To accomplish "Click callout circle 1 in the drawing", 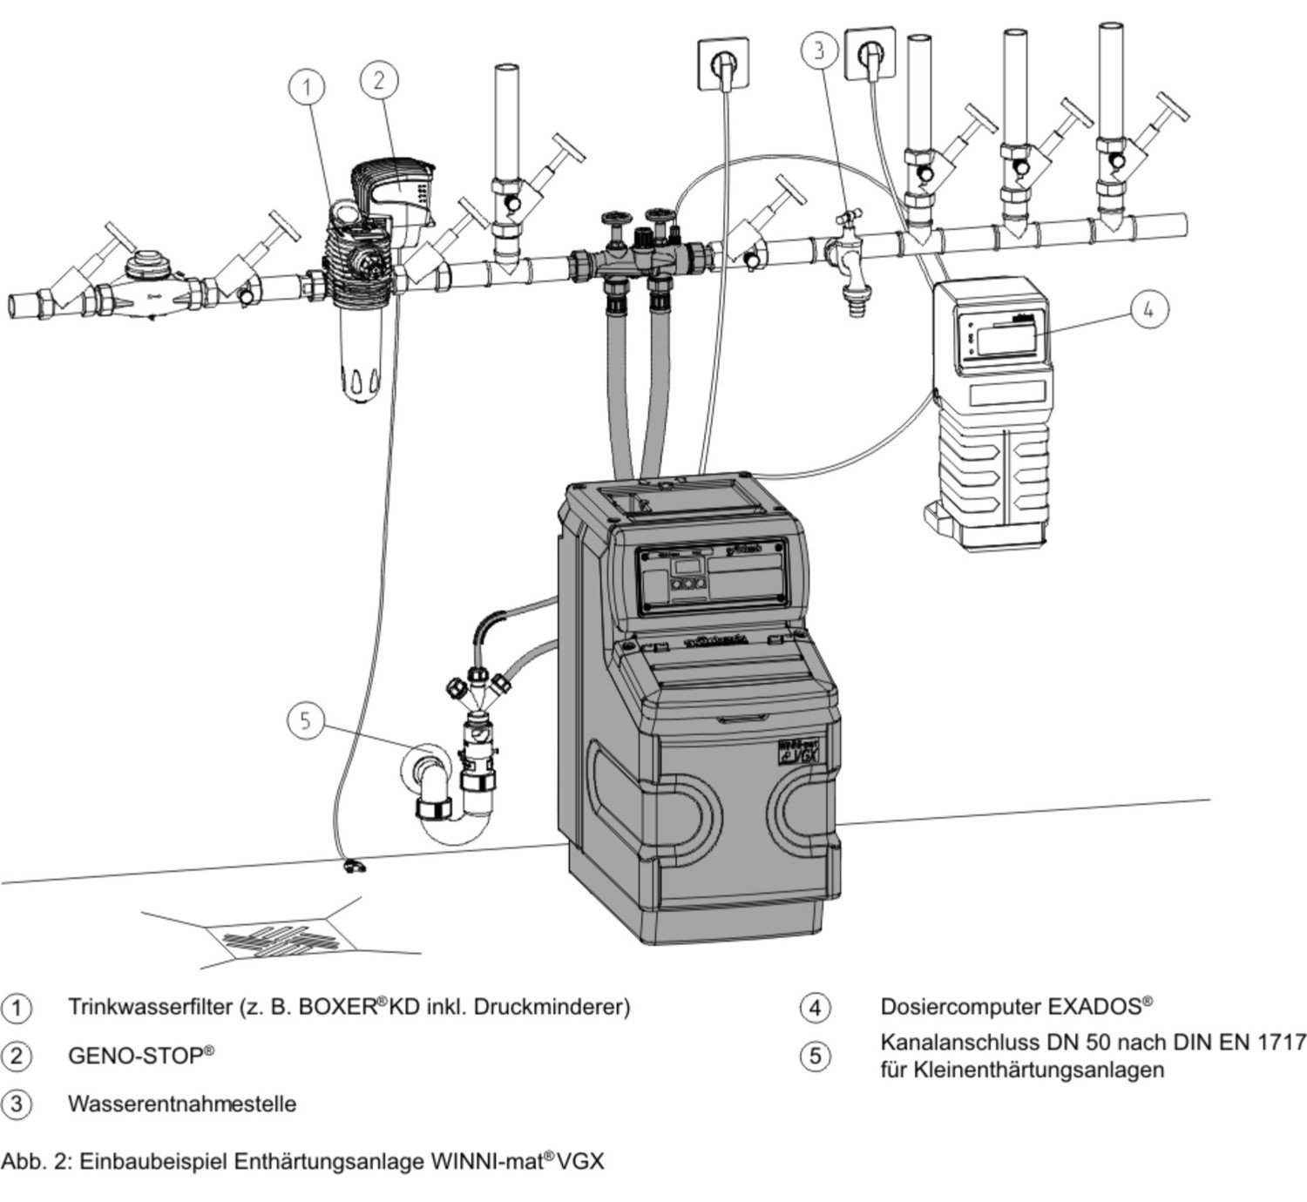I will click(306, 88).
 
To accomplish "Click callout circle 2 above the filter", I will click(379, 80).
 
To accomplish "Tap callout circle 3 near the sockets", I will click(819, 50).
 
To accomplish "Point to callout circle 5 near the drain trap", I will click(304, 720).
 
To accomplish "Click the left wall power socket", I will click(721, 62).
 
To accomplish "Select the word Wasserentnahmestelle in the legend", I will click(182, 1104).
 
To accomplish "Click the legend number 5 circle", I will click(815, 1057).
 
